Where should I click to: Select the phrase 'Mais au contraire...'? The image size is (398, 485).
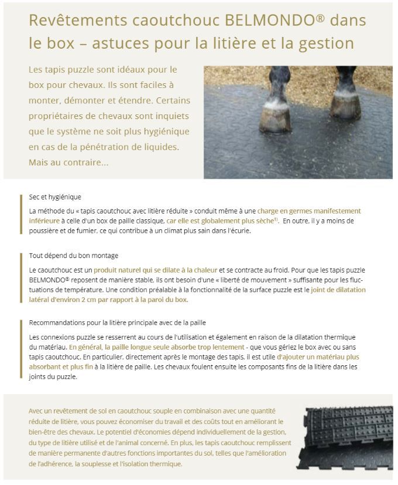tap(68, 162)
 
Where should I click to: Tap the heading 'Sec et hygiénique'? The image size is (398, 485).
tap(55, 197)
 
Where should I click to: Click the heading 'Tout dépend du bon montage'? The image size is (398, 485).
tap(74, 256)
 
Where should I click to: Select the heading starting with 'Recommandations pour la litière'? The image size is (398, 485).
tap(117, 323)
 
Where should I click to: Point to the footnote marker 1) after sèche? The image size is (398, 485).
tap(276, 219)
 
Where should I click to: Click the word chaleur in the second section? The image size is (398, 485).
tap(203, 270)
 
